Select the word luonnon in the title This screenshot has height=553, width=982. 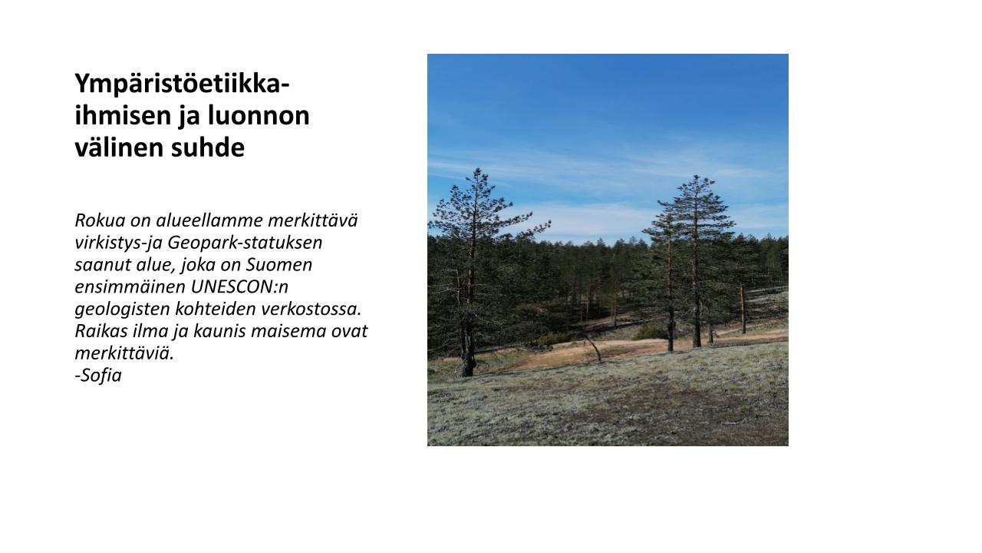259,115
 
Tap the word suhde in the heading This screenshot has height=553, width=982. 207,147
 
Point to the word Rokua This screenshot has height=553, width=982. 100,220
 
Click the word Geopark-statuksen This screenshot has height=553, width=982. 245,243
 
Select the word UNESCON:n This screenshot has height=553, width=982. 239,287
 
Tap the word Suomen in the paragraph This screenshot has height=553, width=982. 278,265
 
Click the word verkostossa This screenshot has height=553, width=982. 311,309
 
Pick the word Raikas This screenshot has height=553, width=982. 101,331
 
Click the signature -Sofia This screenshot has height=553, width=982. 98,376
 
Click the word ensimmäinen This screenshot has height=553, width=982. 130,287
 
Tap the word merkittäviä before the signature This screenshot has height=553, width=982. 124,353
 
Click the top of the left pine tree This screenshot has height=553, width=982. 478,170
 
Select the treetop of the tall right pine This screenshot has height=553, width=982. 696,177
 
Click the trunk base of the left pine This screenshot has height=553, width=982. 468,371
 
